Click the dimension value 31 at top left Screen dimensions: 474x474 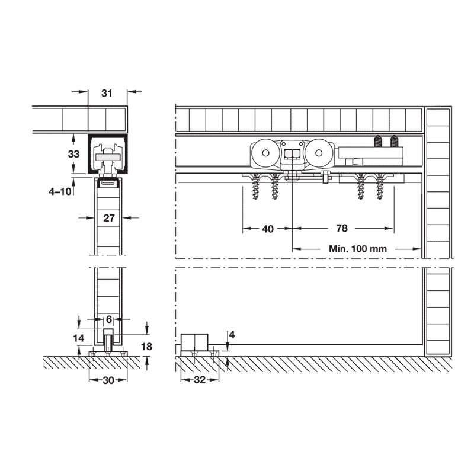point(107,94)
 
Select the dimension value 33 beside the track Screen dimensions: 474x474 point(73,154)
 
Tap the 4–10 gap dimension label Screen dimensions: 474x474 point(60,191)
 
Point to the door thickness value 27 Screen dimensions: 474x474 point(109,218)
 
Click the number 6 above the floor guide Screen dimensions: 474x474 point(109,319)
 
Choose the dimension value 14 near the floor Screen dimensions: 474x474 point(79,338)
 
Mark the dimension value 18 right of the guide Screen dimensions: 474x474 point(146,347)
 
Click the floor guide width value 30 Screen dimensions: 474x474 point(108,380)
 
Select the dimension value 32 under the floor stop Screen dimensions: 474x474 point(200,380)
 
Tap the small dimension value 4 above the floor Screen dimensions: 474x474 point(232,335)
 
